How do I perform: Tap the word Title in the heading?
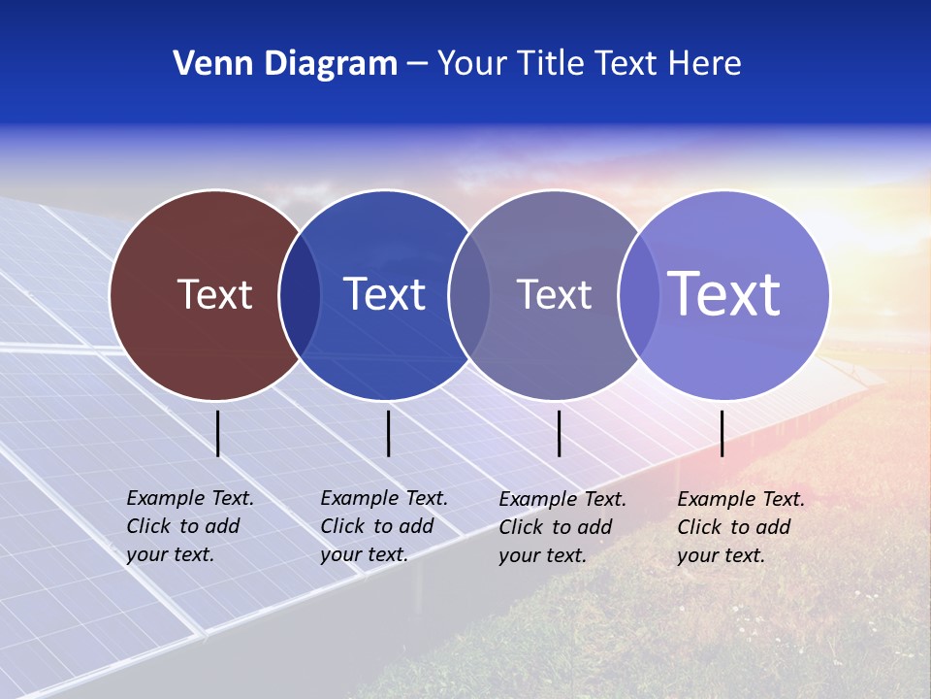[552, 64]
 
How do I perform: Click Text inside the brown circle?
[214, 294]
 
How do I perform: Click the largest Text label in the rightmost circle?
[724, 294]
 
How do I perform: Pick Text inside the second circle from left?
[384, 294]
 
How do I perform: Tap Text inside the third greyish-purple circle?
[554, 294]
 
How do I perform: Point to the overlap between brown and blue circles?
[300, 295]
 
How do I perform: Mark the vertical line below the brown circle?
[218, 433]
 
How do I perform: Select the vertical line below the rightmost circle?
[722, 433]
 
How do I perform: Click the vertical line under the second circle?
[388, 433]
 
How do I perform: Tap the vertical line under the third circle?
[560, 433]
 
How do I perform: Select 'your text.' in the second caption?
[364, 554]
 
